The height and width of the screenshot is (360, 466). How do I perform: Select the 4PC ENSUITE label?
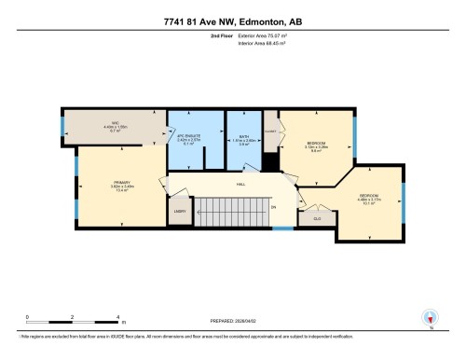(x=189, y=139)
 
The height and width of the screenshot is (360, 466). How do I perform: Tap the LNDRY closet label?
(x=180, y=212)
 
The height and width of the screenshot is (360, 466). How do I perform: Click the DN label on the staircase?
(x=274, y=207)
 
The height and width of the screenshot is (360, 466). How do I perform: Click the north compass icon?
(x=431, y=318)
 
